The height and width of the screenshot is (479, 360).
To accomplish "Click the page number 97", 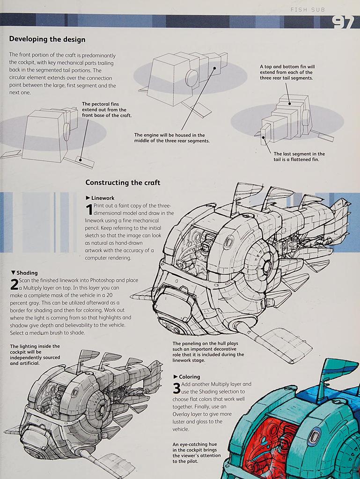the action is pos(343,22).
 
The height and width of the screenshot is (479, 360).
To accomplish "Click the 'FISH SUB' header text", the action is pos(308,9).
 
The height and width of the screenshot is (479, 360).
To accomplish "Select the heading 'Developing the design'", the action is pos(47,39).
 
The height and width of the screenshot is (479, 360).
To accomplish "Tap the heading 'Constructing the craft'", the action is pos(123,182).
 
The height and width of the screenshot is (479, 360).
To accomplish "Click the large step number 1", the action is pos(89,210).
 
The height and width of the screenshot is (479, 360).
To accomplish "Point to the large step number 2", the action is pos(14,284).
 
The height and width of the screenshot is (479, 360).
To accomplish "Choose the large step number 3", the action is pos(176,388).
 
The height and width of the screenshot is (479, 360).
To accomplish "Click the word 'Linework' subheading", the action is pos(103,198).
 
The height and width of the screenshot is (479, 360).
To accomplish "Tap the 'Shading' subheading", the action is pos(27,273).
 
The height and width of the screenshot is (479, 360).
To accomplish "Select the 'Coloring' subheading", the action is pos(190,377).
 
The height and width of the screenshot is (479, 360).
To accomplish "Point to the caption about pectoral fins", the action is pos(107,109).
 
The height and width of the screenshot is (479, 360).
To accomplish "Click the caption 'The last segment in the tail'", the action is pos(299,156).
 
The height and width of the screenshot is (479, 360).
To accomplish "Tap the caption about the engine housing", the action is pos(172,138).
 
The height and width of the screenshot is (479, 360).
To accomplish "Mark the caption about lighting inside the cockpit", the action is pos(35,355).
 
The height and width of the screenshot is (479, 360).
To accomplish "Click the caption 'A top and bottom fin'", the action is pos(287,72).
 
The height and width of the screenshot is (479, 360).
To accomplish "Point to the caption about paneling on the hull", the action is pos(208,352).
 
